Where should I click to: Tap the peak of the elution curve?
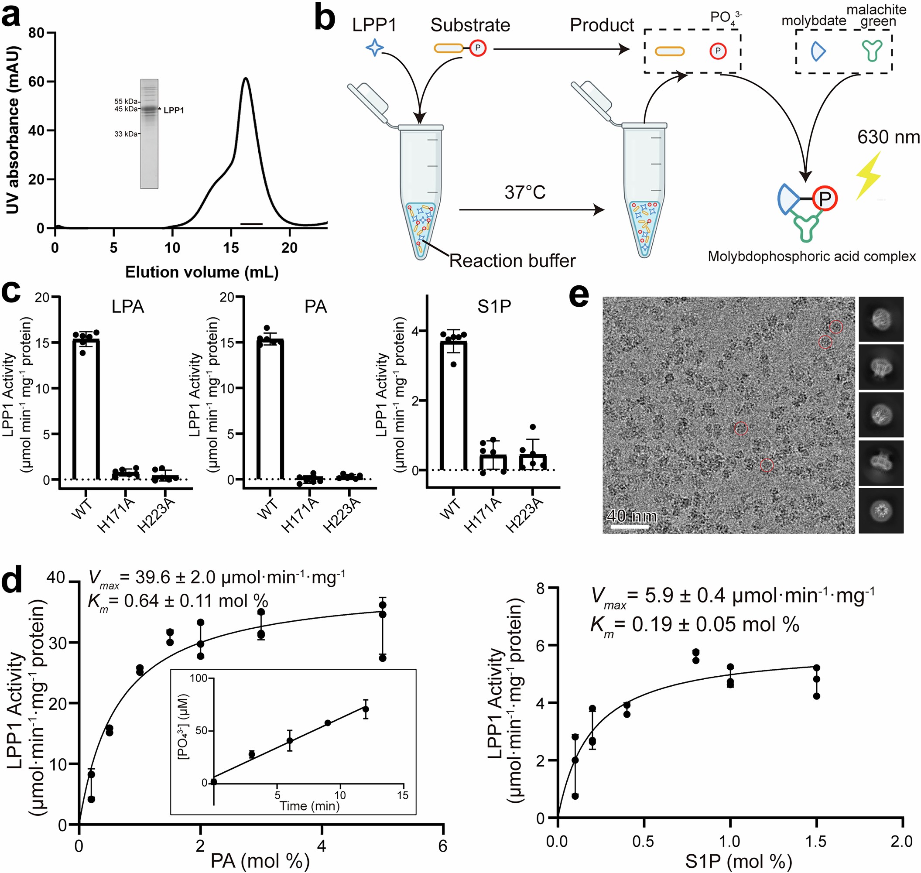[x=245, y=78]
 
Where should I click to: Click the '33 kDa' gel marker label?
[x=126, y=134]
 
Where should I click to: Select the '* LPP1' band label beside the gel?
[x=171, y=110]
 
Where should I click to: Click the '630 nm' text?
[x=888, y=137]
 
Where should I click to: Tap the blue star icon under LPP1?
[x=375, y=48]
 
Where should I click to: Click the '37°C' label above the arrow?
[x=524, y=192]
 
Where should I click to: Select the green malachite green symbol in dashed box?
[x=871, y=51]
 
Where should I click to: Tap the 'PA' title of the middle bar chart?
[x=315, y=307]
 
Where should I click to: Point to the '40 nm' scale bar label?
[x=632, y=516]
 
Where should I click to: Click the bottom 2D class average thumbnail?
[x=880, y=511]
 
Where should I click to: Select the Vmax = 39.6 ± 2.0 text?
[x=216, y=578]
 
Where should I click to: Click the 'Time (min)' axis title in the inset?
[x=309, y=805]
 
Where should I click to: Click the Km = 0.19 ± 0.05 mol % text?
[x=695, y=624]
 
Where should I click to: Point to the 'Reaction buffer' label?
[x=512, y=260]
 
